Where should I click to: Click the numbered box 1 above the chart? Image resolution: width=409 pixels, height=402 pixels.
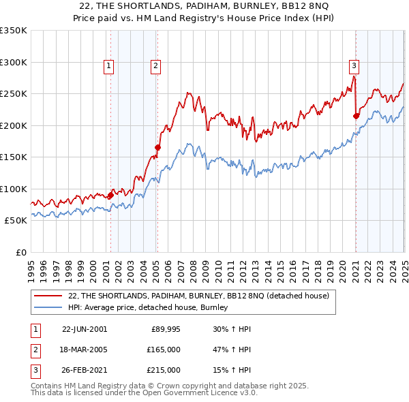pos(109,66)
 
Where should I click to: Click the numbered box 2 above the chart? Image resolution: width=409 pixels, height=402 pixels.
pos(155,66)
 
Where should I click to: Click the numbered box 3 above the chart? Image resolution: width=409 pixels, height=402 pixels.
pos(354,66)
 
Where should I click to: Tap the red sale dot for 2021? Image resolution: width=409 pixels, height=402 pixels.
pos(356,116)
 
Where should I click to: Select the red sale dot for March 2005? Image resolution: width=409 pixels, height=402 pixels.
pos(157,147)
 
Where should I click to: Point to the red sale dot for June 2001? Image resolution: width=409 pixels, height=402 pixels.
pos(111,196)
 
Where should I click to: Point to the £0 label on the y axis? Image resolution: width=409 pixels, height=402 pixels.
pos(20,252)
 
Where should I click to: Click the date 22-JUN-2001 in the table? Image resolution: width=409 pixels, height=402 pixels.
pos(85,329)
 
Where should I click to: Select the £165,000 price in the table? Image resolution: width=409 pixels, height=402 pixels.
pos(164,350)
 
